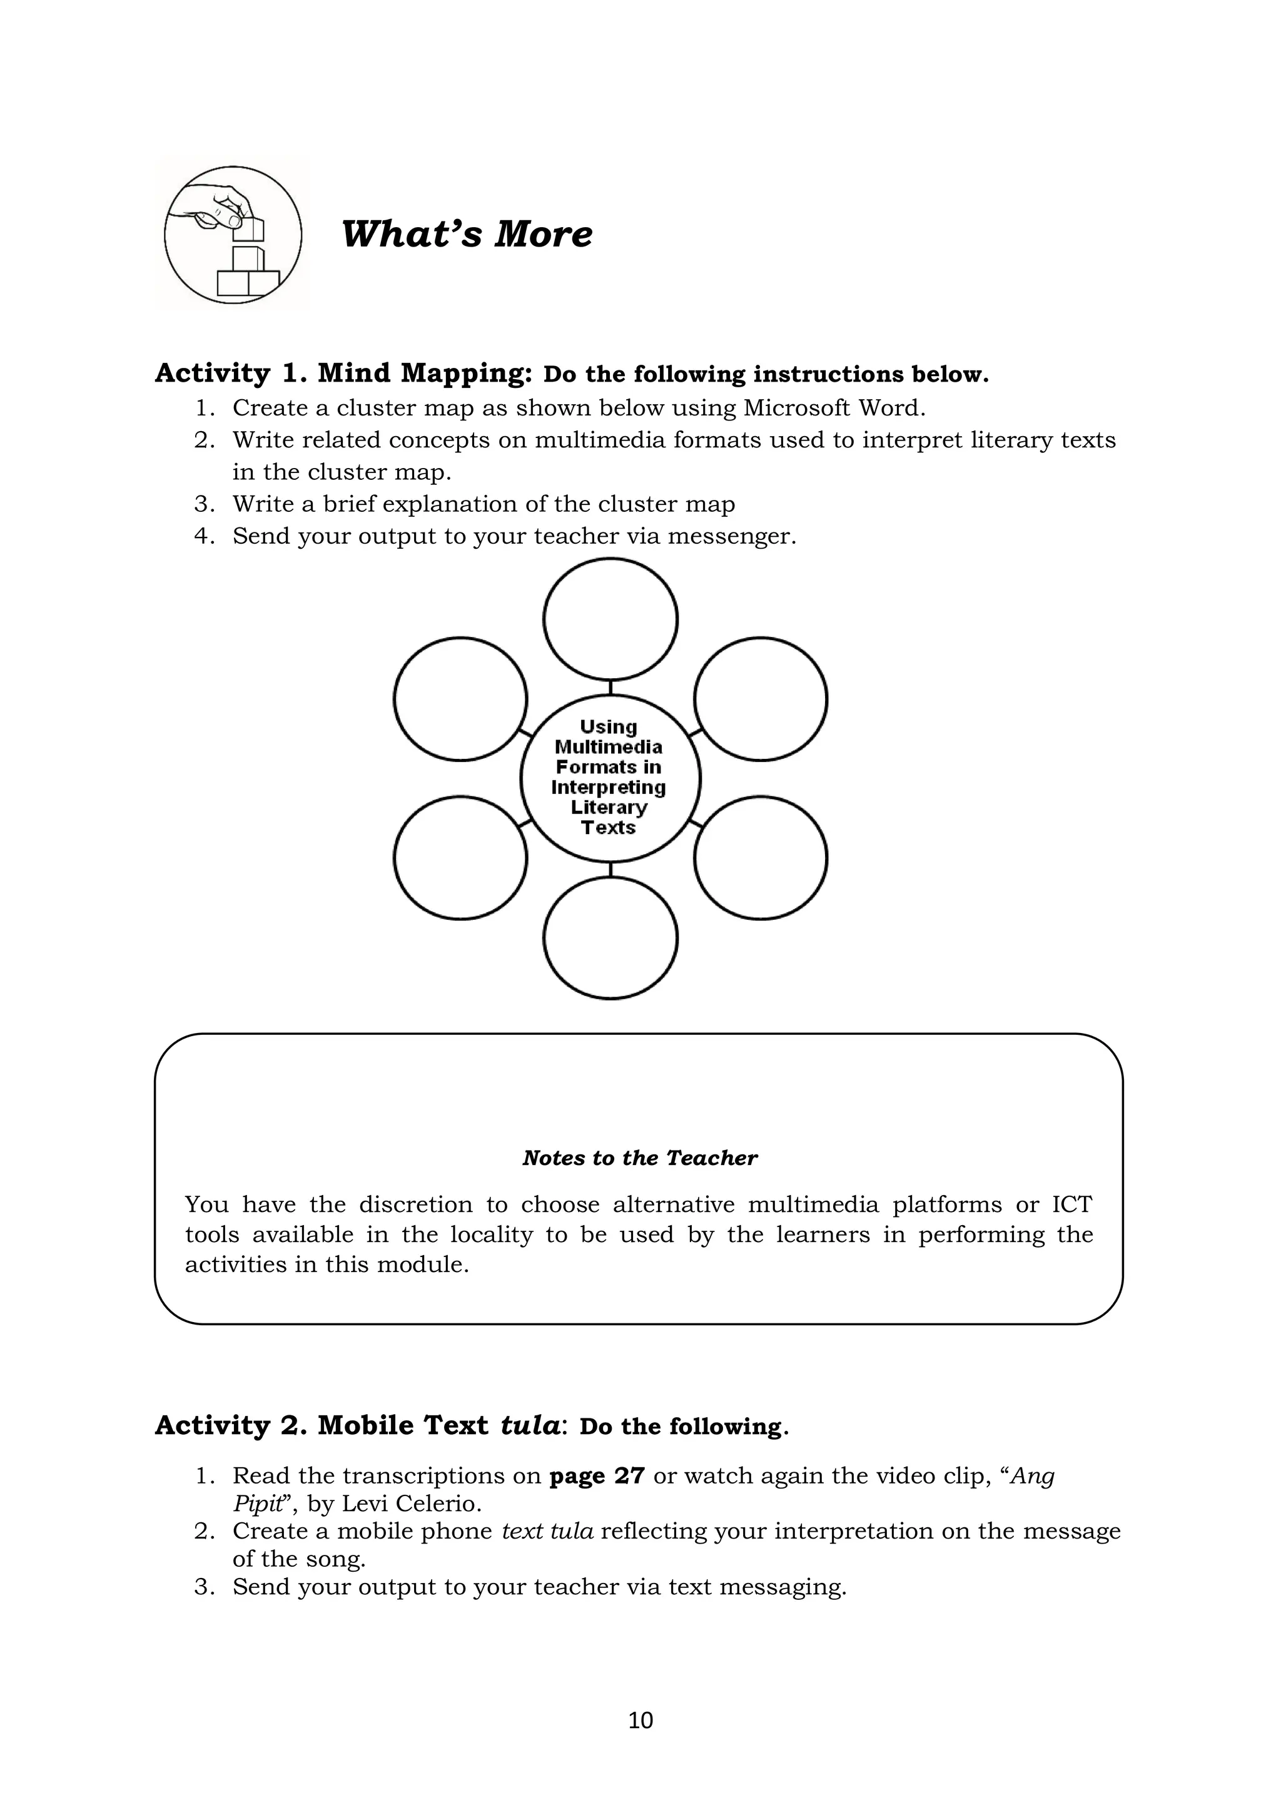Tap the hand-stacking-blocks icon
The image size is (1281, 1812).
(x=233, y=235)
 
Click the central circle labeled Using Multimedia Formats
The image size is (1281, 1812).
(x=610, y=777)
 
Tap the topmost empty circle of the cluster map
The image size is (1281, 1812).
(x=610, y=619)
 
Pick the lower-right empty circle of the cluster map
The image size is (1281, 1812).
(x=761, y=858)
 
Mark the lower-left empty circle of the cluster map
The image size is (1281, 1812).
(x=460, y=858)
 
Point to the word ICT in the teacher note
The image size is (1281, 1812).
(x=1072, y=1205)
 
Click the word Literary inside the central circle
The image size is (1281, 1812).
(x=609, y=807)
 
